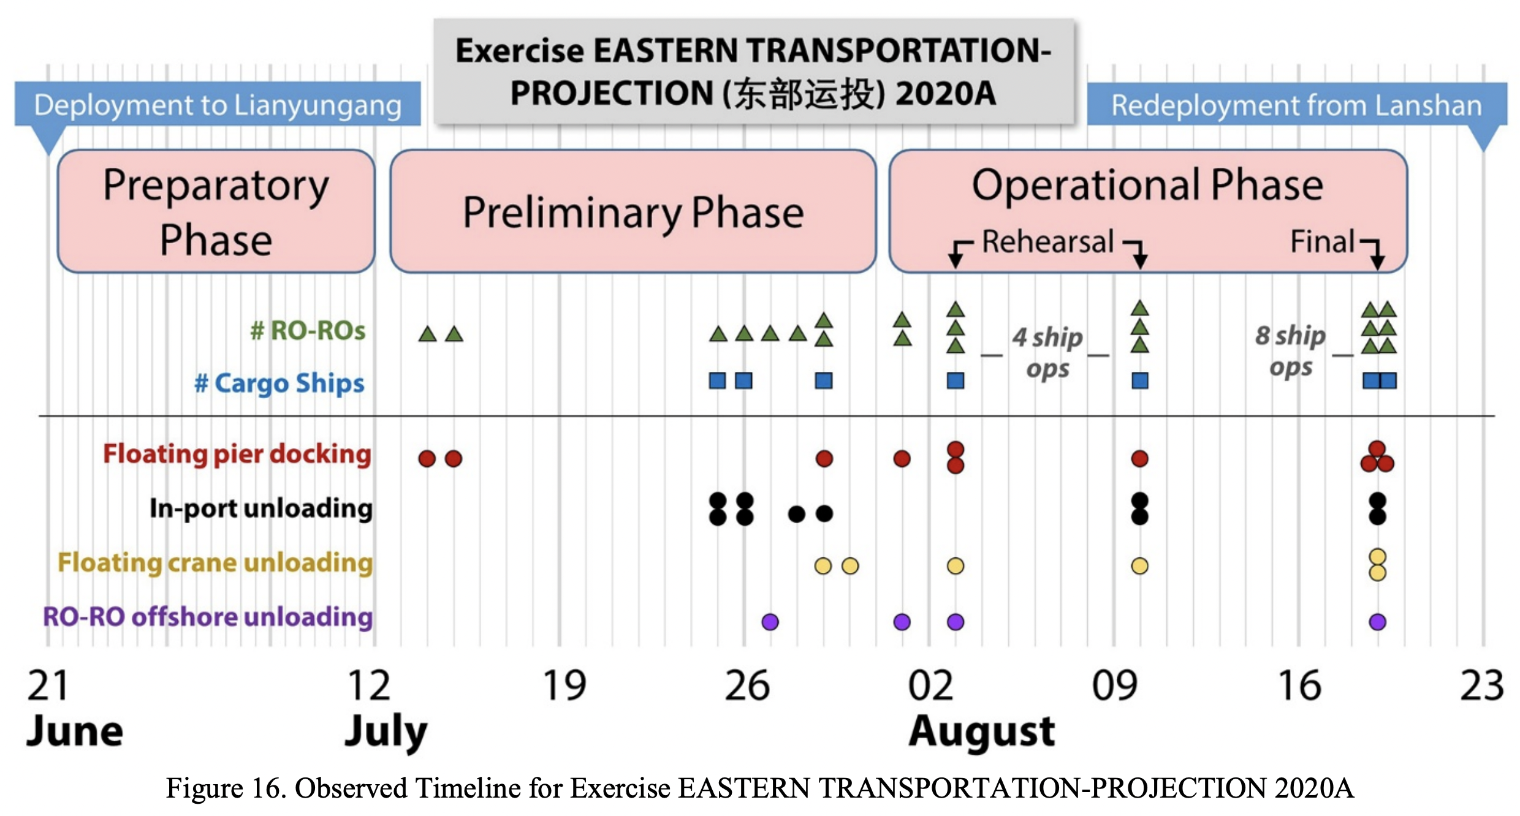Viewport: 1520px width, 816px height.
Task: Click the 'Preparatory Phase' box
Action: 216,211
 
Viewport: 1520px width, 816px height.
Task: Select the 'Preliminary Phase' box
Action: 633,211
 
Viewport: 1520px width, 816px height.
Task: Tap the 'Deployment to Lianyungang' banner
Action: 218,105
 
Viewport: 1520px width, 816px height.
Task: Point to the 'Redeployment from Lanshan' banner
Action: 1297,105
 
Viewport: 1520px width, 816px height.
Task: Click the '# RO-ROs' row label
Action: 308,331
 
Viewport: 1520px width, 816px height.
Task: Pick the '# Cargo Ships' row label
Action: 279,383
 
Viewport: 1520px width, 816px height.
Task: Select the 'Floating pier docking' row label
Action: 237,455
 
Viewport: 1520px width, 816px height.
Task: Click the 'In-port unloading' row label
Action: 261,508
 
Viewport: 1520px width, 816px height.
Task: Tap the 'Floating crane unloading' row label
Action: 215,562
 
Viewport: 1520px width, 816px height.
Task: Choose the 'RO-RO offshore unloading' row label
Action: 208,616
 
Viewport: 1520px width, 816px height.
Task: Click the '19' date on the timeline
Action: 564,686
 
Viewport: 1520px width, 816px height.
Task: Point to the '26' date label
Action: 747,686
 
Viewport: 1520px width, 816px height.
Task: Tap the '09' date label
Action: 1115,686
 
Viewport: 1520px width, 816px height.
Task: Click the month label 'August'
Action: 982,731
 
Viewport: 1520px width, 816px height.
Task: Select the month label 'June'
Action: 75,731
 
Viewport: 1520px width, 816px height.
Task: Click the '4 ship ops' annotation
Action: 1047,353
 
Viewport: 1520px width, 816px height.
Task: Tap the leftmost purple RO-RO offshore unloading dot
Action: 770,622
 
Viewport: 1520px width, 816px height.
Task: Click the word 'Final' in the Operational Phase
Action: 1322,241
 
